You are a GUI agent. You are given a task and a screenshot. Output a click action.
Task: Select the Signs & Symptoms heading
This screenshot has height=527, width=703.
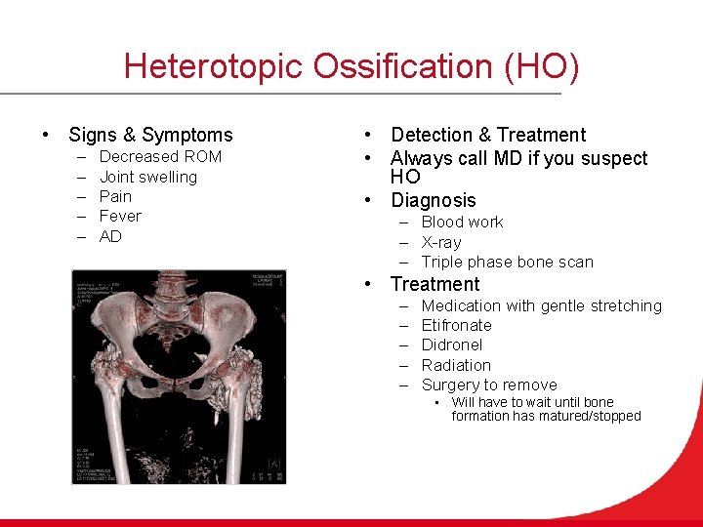[150, 135]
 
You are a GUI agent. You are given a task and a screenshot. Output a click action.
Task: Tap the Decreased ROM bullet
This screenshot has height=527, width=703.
[160, 157]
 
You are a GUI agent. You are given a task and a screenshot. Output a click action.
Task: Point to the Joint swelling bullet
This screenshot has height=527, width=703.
[147, 177]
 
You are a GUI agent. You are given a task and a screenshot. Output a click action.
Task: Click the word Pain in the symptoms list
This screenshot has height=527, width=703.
[115, 196]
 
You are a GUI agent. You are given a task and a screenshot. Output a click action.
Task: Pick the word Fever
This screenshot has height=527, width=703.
[120, 216]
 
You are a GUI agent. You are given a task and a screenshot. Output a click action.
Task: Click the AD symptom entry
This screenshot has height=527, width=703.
[110, 236]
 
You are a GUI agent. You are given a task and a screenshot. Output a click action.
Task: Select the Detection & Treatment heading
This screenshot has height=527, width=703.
[488, 135]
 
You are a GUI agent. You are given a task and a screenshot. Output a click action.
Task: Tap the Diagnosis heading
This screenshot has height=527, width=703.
[434, 200]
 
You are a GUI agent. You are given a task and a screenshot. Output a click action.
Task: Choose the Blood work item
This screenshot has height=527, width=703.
[462, 222]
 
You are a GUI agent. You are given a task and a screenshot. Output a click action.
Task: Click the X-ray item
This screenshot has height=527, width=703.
[441, 242]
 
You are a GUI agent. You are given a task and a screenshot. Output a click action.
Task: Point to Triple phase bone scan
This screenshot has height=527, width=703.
[507, 262]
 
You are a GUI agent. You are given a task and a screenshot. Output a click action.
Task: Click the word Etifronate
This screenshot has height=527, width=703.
[456, 325]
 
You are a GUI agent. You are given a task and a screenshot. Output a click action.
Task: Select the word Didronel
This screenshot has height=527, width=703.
[451, 345]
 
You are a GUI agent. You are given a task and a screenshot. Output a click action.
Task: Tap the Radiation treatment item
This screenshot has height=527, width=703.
[456, 365]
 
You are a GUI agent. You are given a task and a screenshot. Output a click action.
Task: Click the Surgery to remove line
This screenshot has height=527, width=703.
[489, 385]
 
